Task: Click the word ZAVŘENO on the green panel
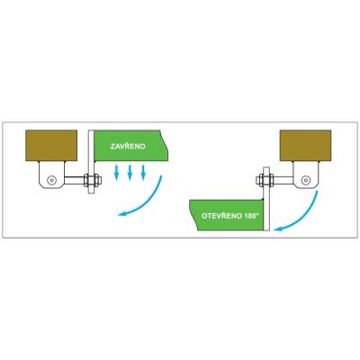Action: point(128,147)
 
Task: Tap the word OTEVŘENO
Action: point(221,216)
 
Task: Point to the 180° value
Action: point(251,216)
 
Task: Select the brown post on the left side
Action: point(51,146)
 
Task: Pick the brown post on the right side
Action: point(305,146)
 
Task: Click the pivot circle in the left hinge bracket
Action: point(52,180)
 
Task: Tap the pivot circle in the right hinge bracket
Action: point(306,180)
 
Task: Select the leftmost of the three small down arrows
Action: point(117,173)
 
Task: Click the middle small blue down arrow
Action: point(130,173)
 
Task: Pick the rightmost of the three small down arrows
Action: point(143,173)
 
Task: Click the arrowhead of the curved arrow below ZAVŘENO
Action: point(121,213)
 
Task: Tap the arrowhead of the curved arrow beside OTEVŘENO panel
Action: point(278,229)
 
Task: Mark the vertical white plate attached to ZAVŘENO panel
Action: point(91,161)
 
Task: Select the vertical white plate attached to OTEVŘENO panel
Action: point(266,199)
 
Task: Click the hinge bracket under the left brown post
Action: point(51,175)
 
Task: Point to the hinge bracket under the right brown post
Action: point(306,175)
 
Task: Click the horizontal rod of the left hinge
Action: point(75,180)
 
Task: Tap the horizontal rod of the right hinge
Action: point(283,180)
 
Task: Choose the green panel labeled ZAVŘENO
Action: point(131,146)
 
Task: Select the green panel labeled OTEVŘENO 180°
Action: point(227,215)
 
